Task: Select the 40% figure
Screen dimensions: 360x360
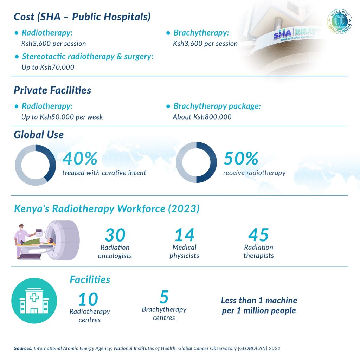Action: click(80, 159)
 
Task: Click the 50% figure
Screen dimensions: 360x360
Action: click(241, 159)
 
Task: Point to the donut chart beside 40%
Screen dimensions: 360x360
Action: click(35, 165)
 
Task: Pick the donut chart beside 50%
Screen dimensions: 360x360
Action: click(196, 162)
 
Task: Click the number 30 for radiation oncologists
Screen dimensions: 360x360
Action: click(115, 235)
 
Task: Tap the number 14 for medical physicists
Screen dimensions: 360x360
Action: click(185, 235)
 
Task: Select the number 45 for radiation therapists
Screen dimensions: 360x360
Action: click(258, 235)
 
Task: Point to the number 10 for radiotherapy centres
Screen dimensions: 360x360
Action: click(88, 299)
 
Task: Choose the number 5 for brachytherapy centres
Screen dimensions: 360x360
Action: click(164, 297)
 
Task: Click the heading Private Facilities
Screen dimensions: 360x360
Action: click(52, 90)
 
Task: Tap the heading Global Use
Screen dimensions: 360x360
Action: click(39, 134)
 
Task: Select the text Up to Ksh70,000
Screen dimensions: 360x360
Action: click(48, 67)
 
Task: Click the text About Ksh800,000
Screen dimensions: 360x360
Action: click(202, 117)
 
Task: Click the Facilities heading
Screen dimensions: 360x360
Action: click(90, 279)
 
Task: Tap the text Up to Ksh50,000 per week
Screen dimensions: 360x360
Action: click(62, 117)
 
